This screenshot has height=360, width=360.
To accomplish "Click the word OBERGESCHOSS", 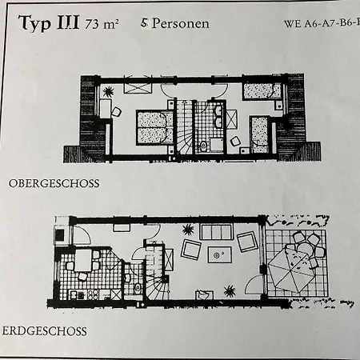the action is [54, 183].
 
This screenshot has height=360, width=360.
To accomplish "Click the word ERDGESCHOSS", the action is [44, 331].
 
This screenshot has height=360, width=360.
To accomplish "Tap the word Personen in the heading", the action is [180, 23].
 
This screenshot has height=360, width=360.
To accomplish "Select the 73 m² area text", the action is [102, 24].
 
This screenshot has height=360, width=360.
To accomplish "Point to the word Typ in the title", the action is [34, 23].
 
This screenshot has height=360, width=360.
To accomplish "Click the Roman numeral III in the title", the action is [68, 22].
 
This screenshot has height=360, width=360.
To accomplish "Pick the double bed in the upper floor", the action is [155, 127].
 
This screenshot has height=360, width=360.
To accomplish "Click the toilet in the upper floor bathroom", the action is [203, 145].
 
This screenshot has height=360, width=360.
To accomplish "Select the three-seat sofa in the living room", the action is [216, 231].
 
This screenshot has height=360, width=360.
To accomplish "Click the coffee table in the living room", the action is [219, 254].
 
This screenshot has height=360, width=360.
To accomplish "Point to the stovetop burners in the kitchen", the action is [93, 294].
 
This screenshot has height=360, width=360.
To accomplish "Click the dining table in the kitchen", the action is [83, 260].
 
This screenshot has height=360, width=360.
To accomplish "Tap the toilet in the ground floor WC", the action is [138, 287].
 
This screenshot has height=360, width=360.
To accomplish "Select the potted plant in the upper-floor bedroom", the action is [108, 92].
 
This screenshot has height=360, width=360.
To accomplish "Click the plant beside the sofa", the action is [188, 230].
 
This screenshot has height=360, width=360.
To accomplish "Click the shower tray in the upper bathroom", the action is [218, 145].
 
